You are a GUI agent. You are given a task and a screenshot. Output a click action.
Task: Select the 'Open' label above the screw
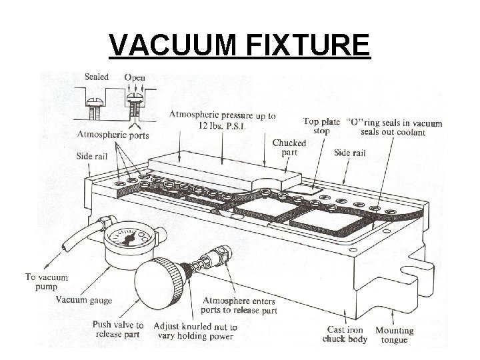click(135, 77)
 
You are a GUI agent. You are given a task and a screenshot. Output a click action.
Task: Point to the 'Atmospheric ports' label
click(113, 135)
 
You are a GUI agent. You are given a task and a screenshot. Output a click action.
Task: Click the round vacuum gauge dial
click(131, 238)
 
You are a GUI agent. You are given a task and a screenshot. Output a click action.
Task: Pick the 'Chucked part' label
click(289, 147)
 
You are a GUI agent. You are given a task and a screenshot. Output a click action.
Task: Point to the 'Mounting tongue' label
click(394, 335)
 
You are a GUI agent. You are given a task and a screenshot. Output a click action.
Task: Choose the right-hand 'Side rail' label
click(349, 153)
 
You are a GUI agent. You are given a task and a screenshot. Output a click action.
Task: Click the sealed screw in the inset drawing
click(95, 105)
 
